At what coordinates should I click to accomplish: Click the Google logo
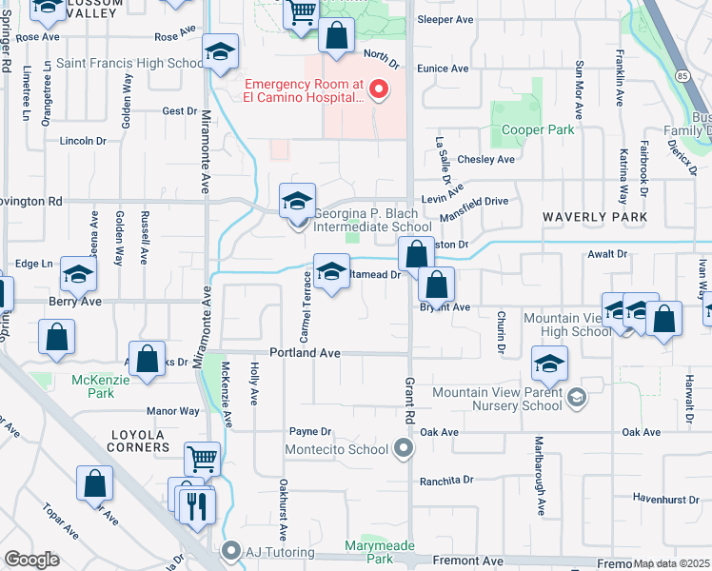(31, 560)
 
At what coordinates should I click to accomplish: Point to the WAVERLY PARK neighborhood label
(595, 217)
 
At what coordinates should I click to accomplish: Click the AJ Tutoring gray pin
(230, 550)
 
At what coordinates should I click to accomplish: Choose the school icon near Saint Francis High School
(220, 55)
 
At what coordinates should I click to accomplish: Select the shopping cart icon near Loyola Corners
(202, 460)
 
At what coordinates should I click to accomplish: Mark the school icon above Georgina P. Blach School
(298, 201)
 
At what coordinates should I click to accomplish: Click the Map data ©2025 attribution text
(672, 563)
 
